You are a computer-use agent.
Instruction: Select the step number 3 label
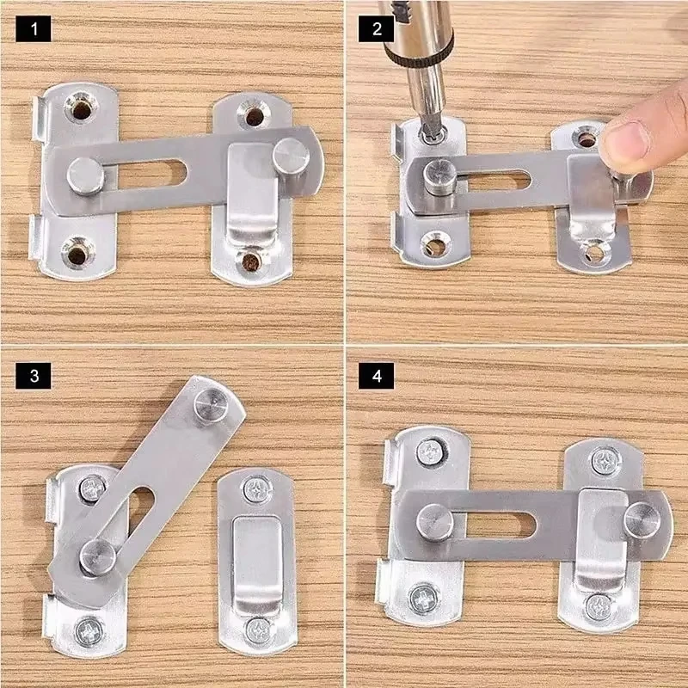[34, 376]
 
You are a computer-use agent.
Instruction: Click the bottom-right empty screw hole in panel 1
[251, 259]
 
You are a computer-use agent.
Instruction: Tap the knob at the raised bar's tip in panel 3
[212, 403]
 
